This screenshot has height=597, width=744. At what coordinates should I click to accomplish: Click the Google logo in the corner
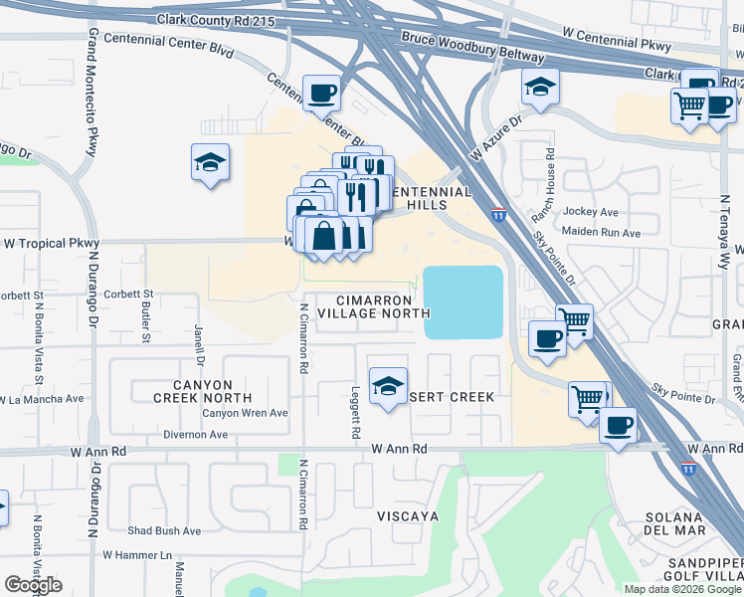pyautogui.click(x=33, y=585)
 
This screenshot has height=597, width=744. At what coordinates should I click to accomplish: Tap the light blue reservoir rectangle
pyautogui.click(x=463, y=302)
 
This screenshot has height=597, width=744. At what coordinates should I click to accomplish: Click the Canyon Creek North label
pyautogui.click(x=192, y=391)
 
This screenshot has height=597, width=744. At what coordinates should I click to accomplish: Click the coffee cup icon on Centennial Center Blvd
pyautogui.click(x=321, y=94)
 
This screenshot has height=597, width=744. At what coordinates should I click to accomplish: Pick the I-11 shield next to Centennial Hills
pyautogui.click(x=498, y=214)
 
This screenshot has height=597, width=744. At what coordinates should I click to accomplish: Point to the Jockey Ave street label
pyautogui.click(x=590, y=212)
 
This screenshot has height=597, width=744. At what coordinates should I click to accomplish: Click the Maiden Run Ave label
pyautogui.click(x=601, y=233)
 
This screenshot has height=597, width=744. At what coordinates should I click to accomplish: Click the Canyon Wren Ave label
pyautogui.click(x=245, y=413)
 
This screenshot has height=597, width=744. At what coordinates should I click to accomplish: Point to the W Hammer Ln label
pyautogui.click(x=136, y=554)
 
